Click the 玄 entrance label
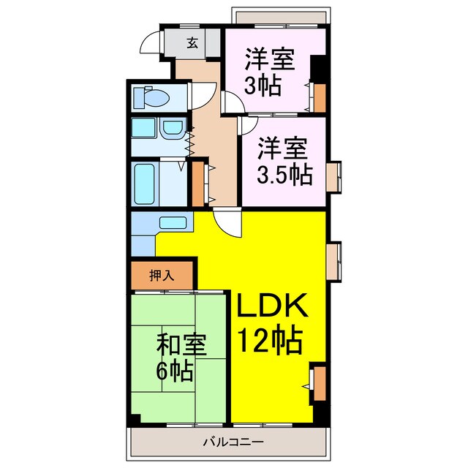point(192,43)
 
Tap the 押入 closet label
point(162,276)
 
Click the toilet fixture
point(151,97)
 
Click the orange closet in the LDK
point(319,384)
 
